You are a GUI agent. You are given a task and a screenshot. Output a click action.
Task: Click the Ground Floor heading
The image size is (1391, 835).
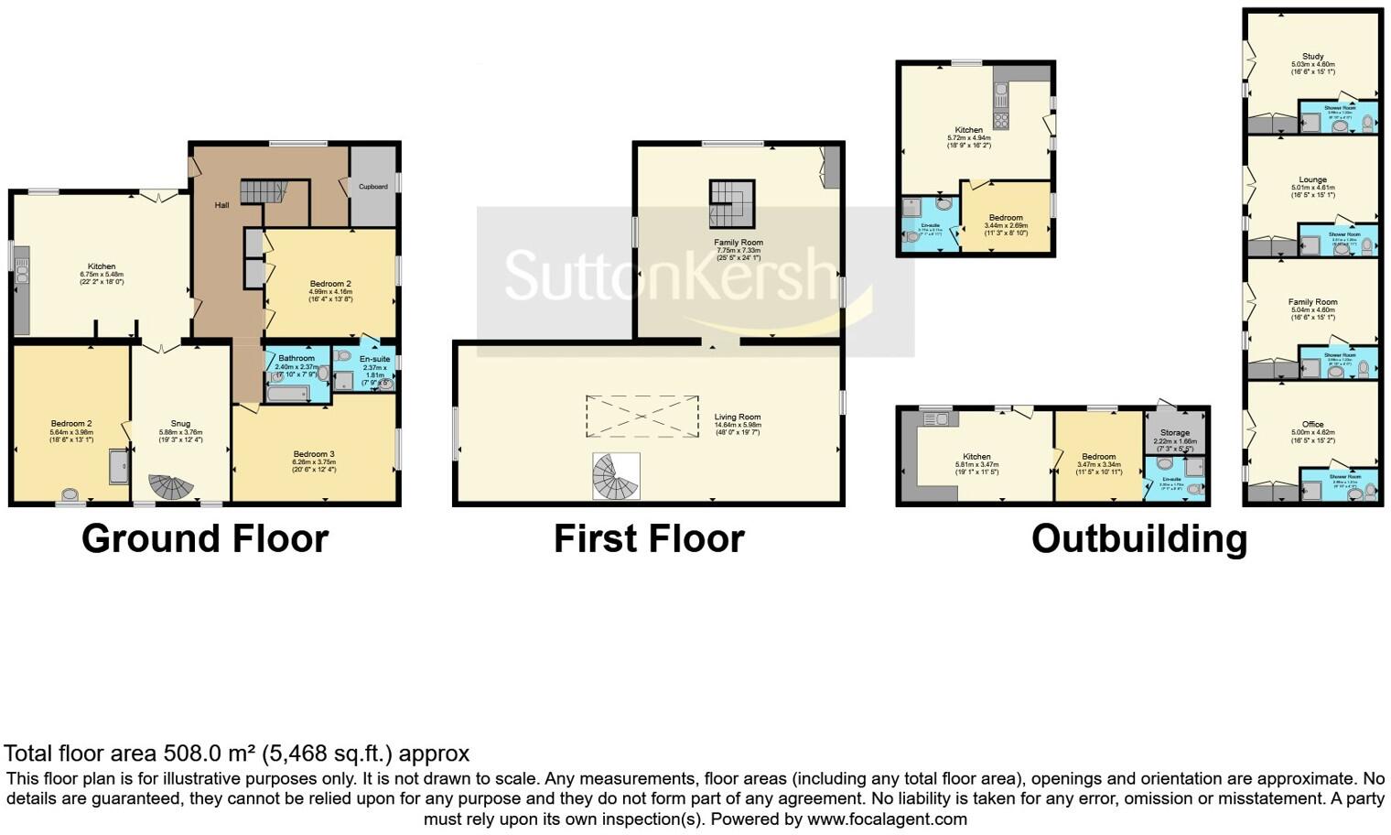pyautogui.click(x=205, y=538)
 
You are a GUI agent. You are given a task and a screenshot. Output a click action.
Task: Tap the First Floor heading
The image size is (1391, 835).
pyautogui.click(x=649, y=538)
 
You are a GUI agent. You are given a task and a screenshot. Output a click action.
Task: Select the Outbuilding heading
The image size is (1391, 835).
pyautogui.click(x=1139, y=538)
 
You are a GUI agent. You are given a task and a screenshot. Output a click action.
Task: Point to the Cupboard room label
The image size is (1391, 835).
pyautogui.click(x=372, y=187)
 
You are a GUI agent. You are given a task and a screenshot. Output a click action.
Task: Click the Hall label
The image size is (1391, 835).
pyautogui.click(x=221, y=205)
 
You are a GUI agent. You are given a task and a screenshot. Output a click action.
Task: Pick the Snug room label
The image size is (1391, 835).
pyautogui.click(x=180, y=424)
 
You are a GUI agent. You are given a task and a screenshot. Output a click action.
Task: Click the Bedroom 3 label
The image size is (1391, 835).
pyautogui.click(x=314, y=454)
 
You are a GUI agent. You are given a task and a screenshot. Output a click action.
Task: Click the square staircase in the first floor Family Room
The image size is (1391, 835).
pyautogui.click(x=732, y=203)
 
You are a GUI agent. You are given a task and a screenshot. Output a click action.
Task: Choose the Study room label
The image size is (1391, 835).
pyautogui.click(x=1312, y=57)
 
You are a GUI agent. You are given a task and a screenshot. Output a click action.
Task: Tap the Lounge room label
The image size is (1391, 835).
pyautogui.click(x=1312, y=180)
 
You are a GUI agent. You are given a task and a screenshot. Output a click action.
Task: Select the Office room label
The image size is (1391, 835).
pyautogui.click(x=1312, y=424)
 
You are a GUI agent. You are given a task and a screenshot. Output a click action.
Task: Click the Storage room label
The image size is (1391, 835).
pyautogui.click(x=1175, y=432)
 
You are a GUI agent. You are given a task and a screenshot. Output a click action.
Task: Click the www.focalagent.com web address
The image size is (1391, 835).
pyautogui.click(x=887, y=819)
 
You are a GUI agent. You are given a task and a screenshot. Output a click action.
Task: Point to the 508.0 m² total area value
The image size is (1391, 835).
pyautogui.click(x=209, y=754)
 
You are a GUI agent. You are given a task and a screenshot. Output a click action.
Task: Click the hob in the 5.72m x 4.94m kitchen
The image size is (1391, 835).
pyautogui.click(x=1001, y=121)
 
